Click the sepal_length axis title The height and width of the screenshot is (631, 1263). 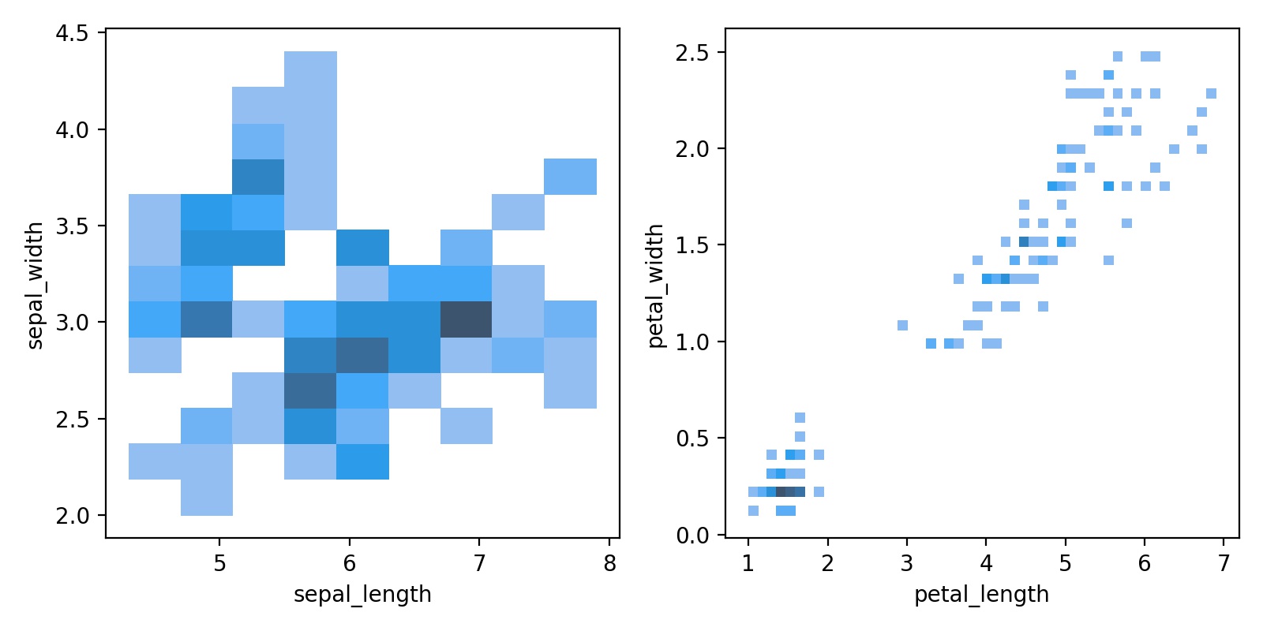362,594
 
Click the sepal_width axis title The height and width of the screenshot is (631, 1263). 35,285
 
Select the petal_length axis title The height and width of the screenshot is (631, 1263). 981,594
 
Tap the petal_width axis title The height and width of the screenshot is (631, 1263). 655,285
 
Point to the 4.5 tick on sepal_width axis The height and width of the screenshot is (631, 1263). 72,33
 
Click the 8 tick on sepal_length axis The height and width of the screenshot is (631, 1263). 609,563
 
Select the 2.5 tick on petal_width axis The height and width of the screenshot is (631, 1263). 691,53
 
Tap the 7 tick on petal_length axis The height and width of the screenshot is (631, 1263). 1224,563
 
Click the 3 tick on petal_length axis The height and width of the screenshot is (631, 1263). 906,563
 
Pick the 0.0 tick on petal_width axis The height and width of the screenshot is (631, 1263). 691,536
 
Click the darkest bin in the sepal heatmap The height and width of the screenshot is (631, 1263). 466,319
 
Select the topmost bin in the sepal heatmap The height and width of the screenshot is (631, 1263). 310,69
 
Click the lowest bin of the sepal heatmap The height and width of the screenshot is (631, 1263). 207,497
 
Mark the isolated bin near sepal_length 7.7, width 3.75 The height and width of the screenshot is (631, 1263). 570,176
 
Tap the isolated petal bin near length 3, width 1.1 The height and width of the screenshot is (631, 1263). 902,325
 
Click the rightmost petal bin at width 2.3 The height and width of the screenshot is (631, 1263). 1211,93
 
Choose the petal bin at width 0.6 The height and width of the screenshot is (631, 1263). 800,417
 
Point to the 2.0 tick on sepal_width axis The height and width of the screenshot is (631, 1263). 72,516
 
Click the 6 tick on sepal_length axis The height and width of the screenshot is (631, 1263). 350,563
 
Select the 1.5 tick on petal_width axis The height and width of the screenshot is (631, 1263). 691,245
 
